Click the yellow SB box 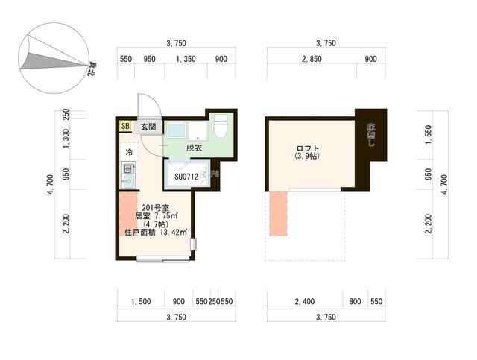click(125, 126)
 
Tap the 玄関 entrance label click(148, 127)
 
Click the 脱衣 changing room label click(194, 148)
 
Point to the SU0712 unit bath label click(186, 177)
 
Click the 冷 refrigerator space click(129, 152)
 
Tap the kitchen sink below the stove click(128, 182)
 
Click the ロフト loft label click(308, 148)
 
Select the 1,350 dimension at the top click(186, 59)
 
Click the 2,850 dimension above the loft click(312, 59)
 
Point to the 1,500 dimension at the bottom click(141, 302)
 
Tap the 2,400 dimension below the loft click(305, 302)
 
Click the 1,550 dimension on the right click(429, 135)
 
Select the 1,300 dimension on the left click(66, 139)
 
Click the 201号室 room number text click(156, 208)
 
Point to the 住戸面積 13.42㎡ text click(156, 233)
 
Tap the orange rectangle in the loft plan click(278, 213)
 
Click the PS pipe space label click(215, 174)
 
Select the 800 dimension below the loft click(355, 302)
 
